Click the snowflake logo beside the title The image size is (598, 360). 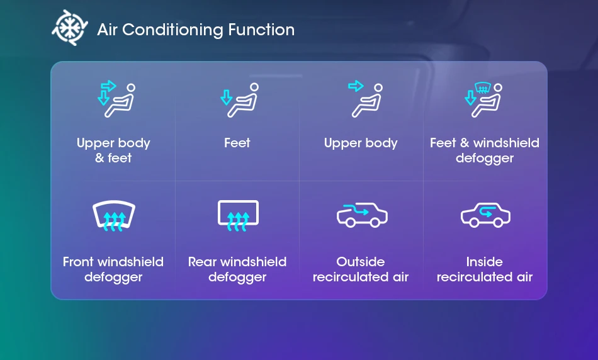(70, 28)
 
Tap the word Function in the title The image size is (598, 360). (261, 30)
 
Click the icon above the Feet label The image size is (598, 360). (239, 100)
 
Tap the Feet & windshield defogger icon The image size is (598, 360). (483, 99)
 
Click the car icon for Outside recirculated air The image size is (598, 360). (362, 215)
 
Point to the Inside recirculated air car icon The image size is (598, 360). (485, 215)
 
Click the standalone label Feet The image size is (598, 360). (237, 143)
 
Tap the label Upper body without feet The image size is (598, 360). (361, 143)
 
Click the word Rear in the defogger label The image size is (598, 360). (203, 262)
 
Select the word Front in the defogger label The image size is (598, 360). (79, 262)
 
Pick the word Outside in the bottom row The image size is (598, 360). (361, 262)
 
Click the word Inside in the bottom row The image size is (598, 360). (484, 262)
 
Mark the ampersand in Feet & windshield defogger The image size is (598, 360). (465, 143)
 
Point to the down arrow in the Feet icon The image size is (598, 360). (226, 98)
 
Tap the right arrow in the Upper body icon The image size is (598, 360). (356, 86)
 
